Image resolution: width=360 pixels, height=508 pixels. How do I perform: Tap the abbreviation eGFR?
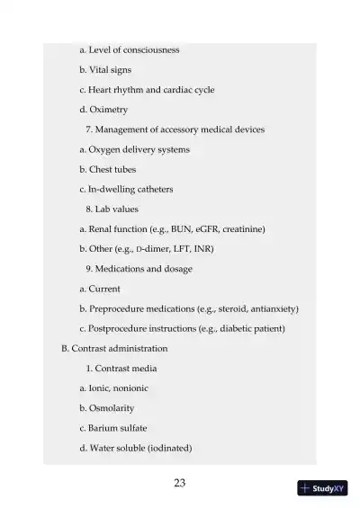click(x=198, y=228)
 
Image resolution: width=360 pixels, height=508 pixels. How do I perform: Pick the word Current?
click(x=104, y=289)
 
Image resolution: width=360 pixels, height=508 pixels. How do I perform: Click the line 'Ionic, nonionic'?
click(x=119, y=388)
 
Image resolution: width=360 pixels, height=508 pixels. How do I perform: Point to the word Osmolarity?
click(x=112, y=407)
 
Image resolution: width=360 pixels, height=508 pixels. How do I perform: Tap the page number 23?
click(x=179, y=484)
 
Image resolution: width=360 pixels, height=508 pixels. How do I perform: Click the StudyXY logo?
click(x=321, y=488)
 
